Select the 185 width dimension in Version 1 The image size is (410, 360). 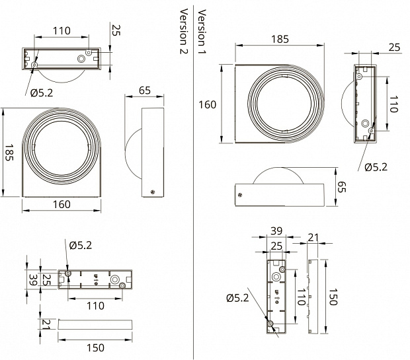[280, 40]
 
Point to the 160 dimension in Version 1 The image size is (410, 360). [208, 104]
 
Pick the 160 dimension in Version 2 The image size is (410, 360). [61, 205]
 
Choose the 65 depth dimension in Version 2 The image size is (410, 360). [147, 90]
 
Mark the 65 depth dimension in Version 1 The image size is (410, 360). [342, 187]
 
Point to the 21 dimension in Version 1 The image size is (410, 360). [314, 237]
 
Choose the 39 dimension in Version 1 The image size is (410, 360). [277, 231]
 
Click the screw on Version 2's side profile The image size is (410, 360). [153, 192]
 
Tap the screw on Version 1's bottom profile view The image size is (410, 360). [240, 194]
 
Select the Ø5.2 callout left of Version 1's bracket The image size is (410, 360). [237, 298]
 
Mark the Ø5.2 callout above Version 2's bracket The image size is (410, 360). [80, 246]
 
